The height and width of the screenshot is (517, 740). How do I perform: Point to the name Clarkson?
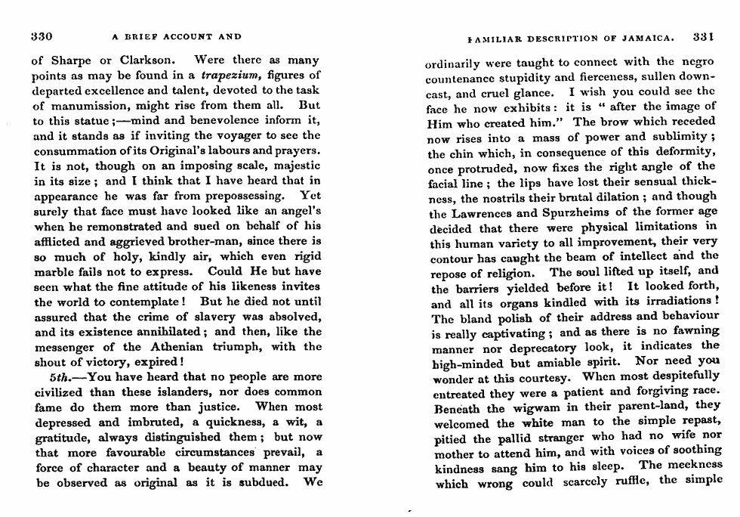click(x=151, y=60)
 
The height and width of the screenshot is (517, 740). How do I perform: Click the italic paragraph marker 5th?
click(x=58, y=377)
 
